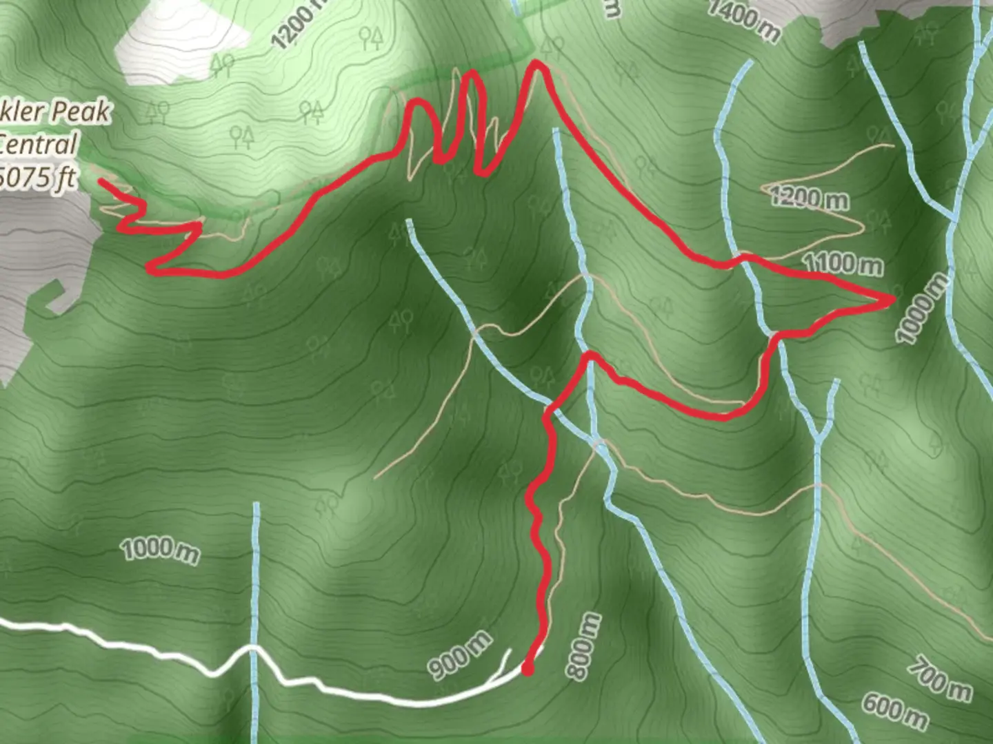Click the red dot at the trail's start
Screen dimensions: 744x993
tap(528, 669)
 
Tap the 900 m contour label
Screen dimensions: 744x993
tap(460, 654)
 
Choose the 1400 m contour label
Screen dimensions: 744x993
tap(743, 19)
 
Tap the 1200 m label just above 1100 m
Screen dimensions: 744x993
tap(809, 198)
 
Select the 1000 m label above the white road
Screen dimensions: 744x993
tap(161, 550)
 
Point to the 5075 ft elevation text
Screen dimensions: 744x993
tap(38, 178)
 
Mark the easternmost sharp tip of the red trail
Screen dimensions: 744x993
tap(894, 298)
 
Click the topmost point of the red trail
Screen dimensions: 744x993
tap(536, 63)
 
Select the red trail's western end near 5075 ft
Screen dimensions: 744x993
tap(101, 181)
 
